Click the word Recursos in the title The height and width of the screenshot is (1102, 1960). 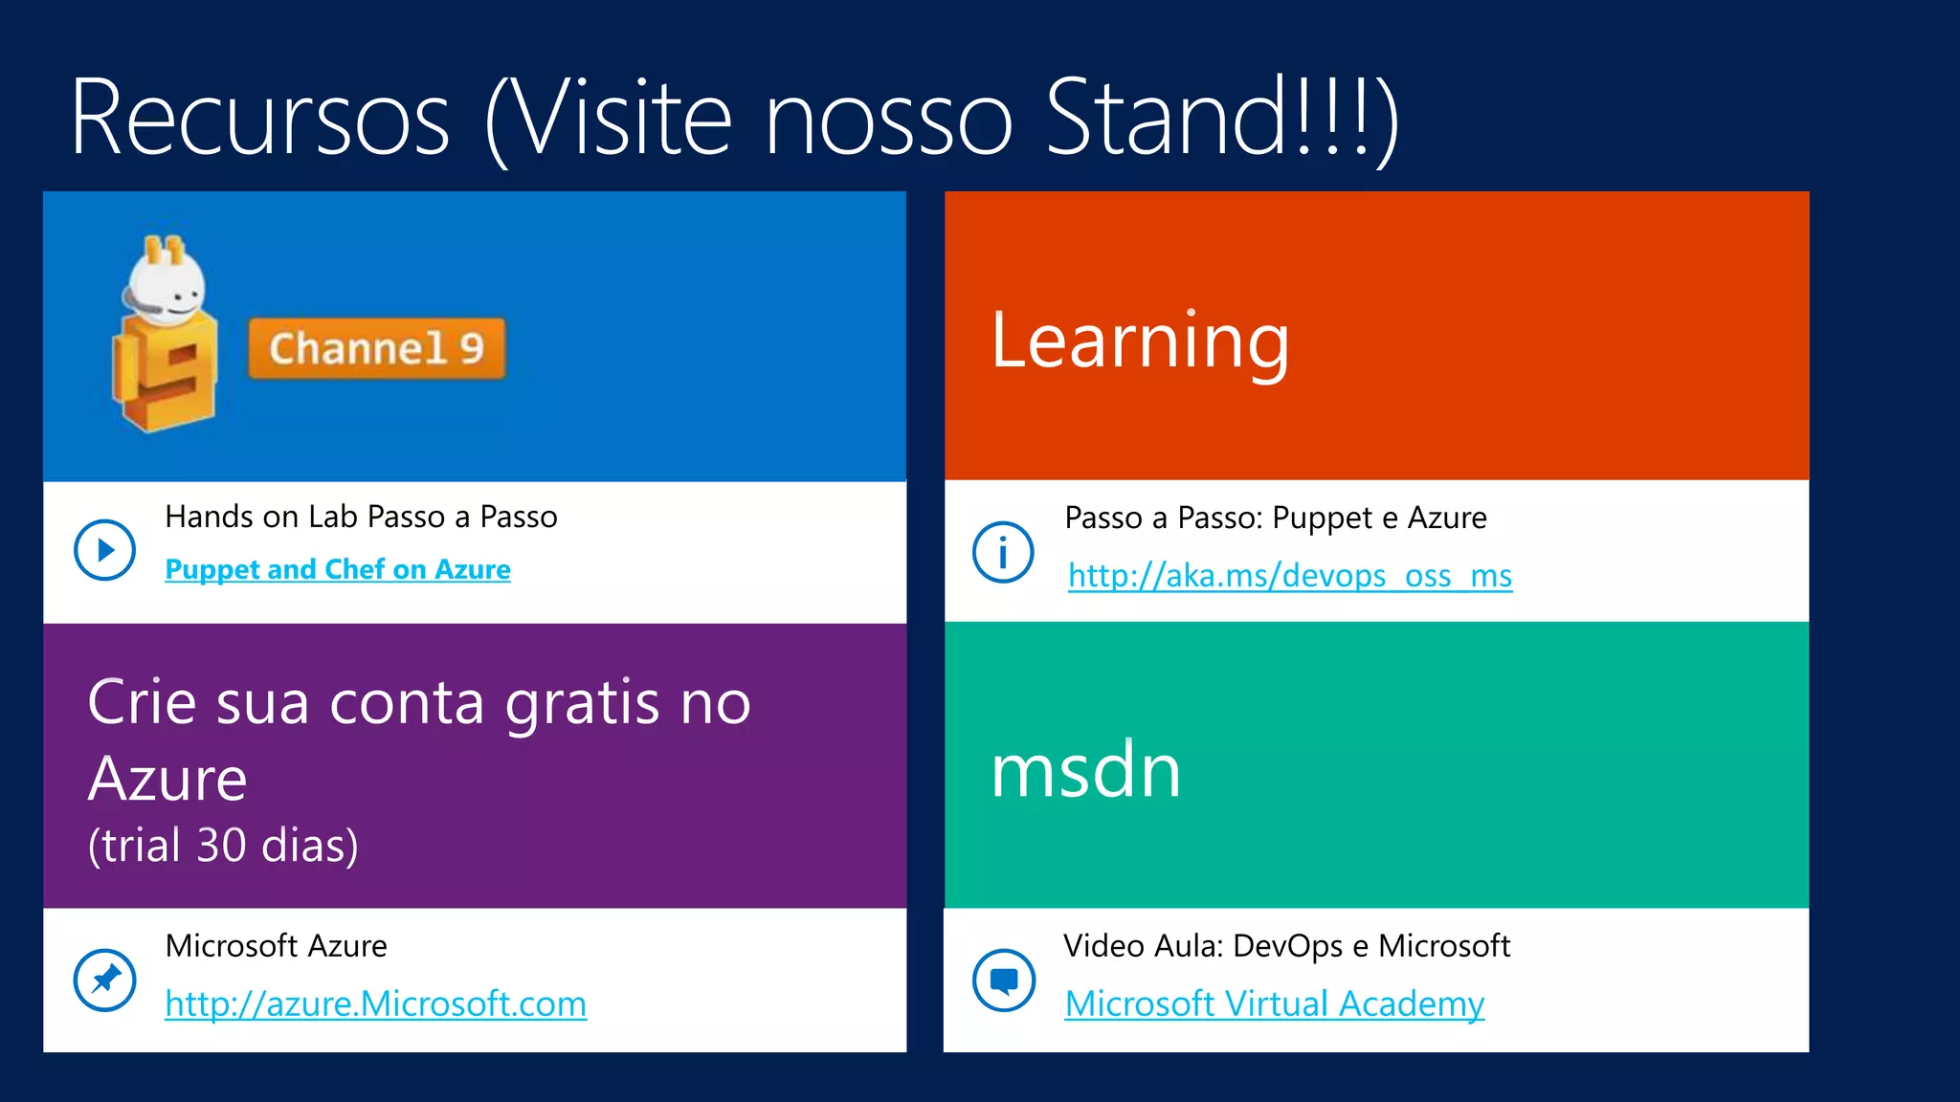tap(260, 119)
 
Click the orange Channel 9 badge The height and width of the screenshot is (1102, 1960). tap(376, 348)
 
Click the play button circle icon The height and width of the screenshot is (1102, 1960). tap(104, 550)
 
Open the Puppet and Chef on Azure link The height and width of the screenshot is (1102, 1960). tap(337, 569)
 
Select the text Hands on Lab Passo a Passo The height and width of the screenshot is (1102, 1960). tap(361, 517)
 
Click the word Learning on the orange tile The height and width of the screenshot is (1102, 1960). tap(1140, 341)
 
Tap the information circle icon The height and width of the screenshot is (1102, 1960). tap(1003, 552)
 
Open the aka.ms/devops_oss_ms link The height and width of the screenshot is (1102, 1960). tap(1289, 576)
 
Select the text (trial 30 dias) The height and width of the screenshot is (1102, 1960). tap(223, 846)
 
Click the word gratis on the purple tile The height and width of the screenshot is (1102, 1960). tap(582, 704)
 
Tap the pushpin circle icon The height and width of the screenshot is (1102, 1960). tap(104, 980)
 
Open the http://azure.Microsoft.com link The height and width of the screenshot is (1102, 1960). tap(375, 1003)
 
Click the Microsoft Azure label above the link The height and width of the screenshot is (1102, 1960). tap(276, 946)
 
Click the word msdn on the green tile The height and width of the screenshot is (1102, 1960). tap(1085, 770)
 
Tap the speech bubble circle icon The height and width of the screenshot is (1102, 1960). tap(1003, 981)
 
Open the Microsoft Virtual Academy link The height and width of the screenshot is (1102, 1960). tap(1274, 1003)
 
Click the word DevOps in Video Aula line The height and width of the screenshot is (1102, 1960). tap(1287, 946)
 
